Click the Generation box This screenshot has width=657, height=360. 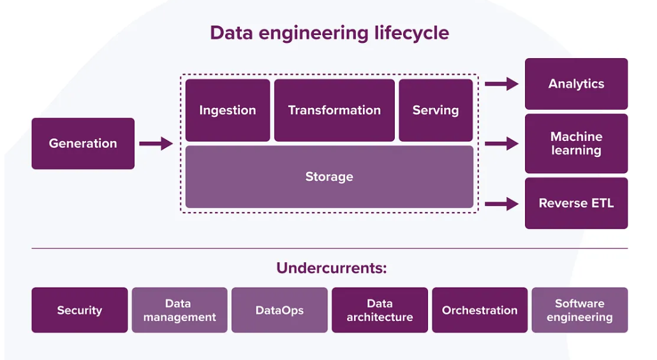[x=83, y=144]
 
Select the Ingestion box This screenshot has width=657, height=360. [x=228, y=110]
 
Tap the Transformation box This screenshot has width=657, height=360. [x=334, y=110]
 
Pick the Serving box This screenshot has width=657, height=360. [x=436, y=110]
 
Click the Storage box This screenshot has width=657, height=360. [x=329, y=177]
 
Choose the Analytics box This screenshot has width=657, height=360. [x=576, y=84]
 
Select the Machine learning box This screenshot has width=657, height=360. [x=576, y=144]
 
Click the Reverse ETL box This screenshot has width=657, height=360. [x=576, y=204]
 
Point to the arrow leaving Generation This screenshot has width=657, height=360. [x=156, y=144]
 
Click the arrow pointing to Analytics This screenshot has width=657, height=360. [x=501, y=84]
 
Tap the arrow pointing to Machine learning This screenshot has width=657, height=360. [x=501, y=144]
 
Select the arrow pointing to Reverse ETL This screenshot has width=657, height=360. [x=501, y=204]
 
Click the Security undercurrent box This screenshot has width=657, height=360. [x=80, y=310]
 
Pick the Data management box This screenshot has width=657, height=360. [x=179, y=310]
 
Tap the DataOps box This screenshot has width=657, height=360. [x=279, y=310]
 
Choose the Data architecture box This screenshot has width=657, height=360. [x=380, y=310]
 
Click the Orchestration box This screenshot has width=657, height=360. [x=480, y=310]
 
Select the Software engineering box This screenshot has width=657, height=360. [x=579, y=310]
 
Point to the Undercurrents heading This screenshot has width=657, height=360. [x=331, y=268]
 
